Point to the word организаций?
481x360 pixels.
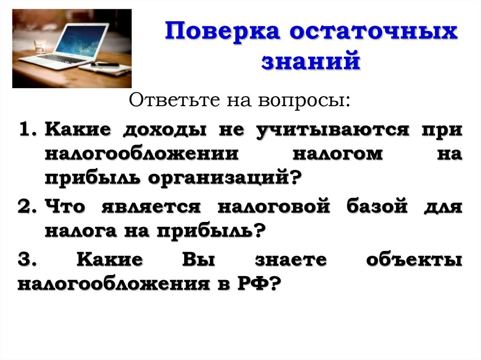coord(225,179)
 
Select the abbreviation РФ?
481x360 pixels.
coord(258,284)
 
